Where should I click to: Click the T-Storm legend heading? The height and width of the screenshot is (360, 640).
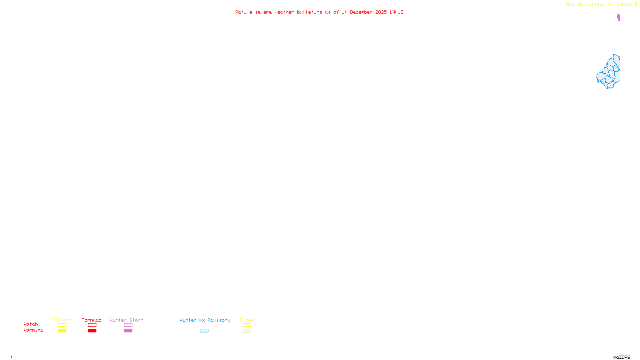pos(62,320)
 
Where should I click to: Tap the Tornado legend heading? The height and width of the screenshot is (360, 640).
pos(92,320)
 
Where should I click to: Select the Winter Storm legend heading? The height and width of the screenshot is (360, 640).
pos(126,320)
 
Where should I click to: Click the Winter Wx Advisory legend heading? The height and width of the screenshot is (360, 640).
pos(205,320)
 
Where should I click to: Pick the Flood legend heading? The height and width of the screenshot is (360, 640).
pos(247,320)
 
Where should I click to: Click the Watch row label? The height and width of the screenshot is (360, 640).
pos(31,324)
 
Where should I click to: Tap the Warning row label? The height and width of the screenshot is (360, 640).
pos(34,330)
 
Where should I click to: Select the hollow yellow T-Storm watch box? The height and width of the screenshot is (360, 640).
pos(62,325)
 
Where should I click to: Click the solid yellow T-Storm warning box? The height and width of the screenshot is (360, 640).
pos(62,331)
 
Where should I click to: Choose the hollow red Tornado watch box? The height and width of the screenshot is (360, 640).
pos(92,325)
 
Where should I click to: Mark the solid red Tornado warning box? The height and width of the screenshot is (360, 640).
pos(92,331)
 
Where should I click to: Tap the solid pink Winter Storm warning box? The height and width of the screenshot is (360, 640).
pos(128,331)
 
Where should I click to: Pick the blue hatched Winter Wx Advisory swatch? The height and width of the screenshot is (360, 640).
pos(204,331)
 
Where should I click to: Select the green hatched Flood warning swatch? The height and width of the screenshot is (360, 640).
pos(247,331)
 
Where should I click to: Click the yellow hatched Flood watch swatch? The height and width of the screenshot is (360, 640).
pos(247,325)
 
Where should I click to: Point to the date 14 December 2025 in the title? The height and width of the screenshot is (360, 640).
pos(364,12)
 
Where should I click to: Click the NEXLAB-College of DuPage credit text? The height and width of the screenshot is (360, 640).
pos(600,5)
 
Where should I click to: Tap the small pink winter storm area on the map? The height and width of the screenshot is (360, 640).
pos(618,17)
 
